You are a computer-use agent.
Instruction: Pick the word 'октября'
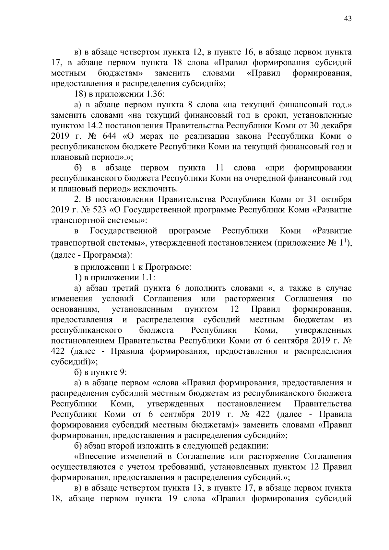(337, 199)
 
